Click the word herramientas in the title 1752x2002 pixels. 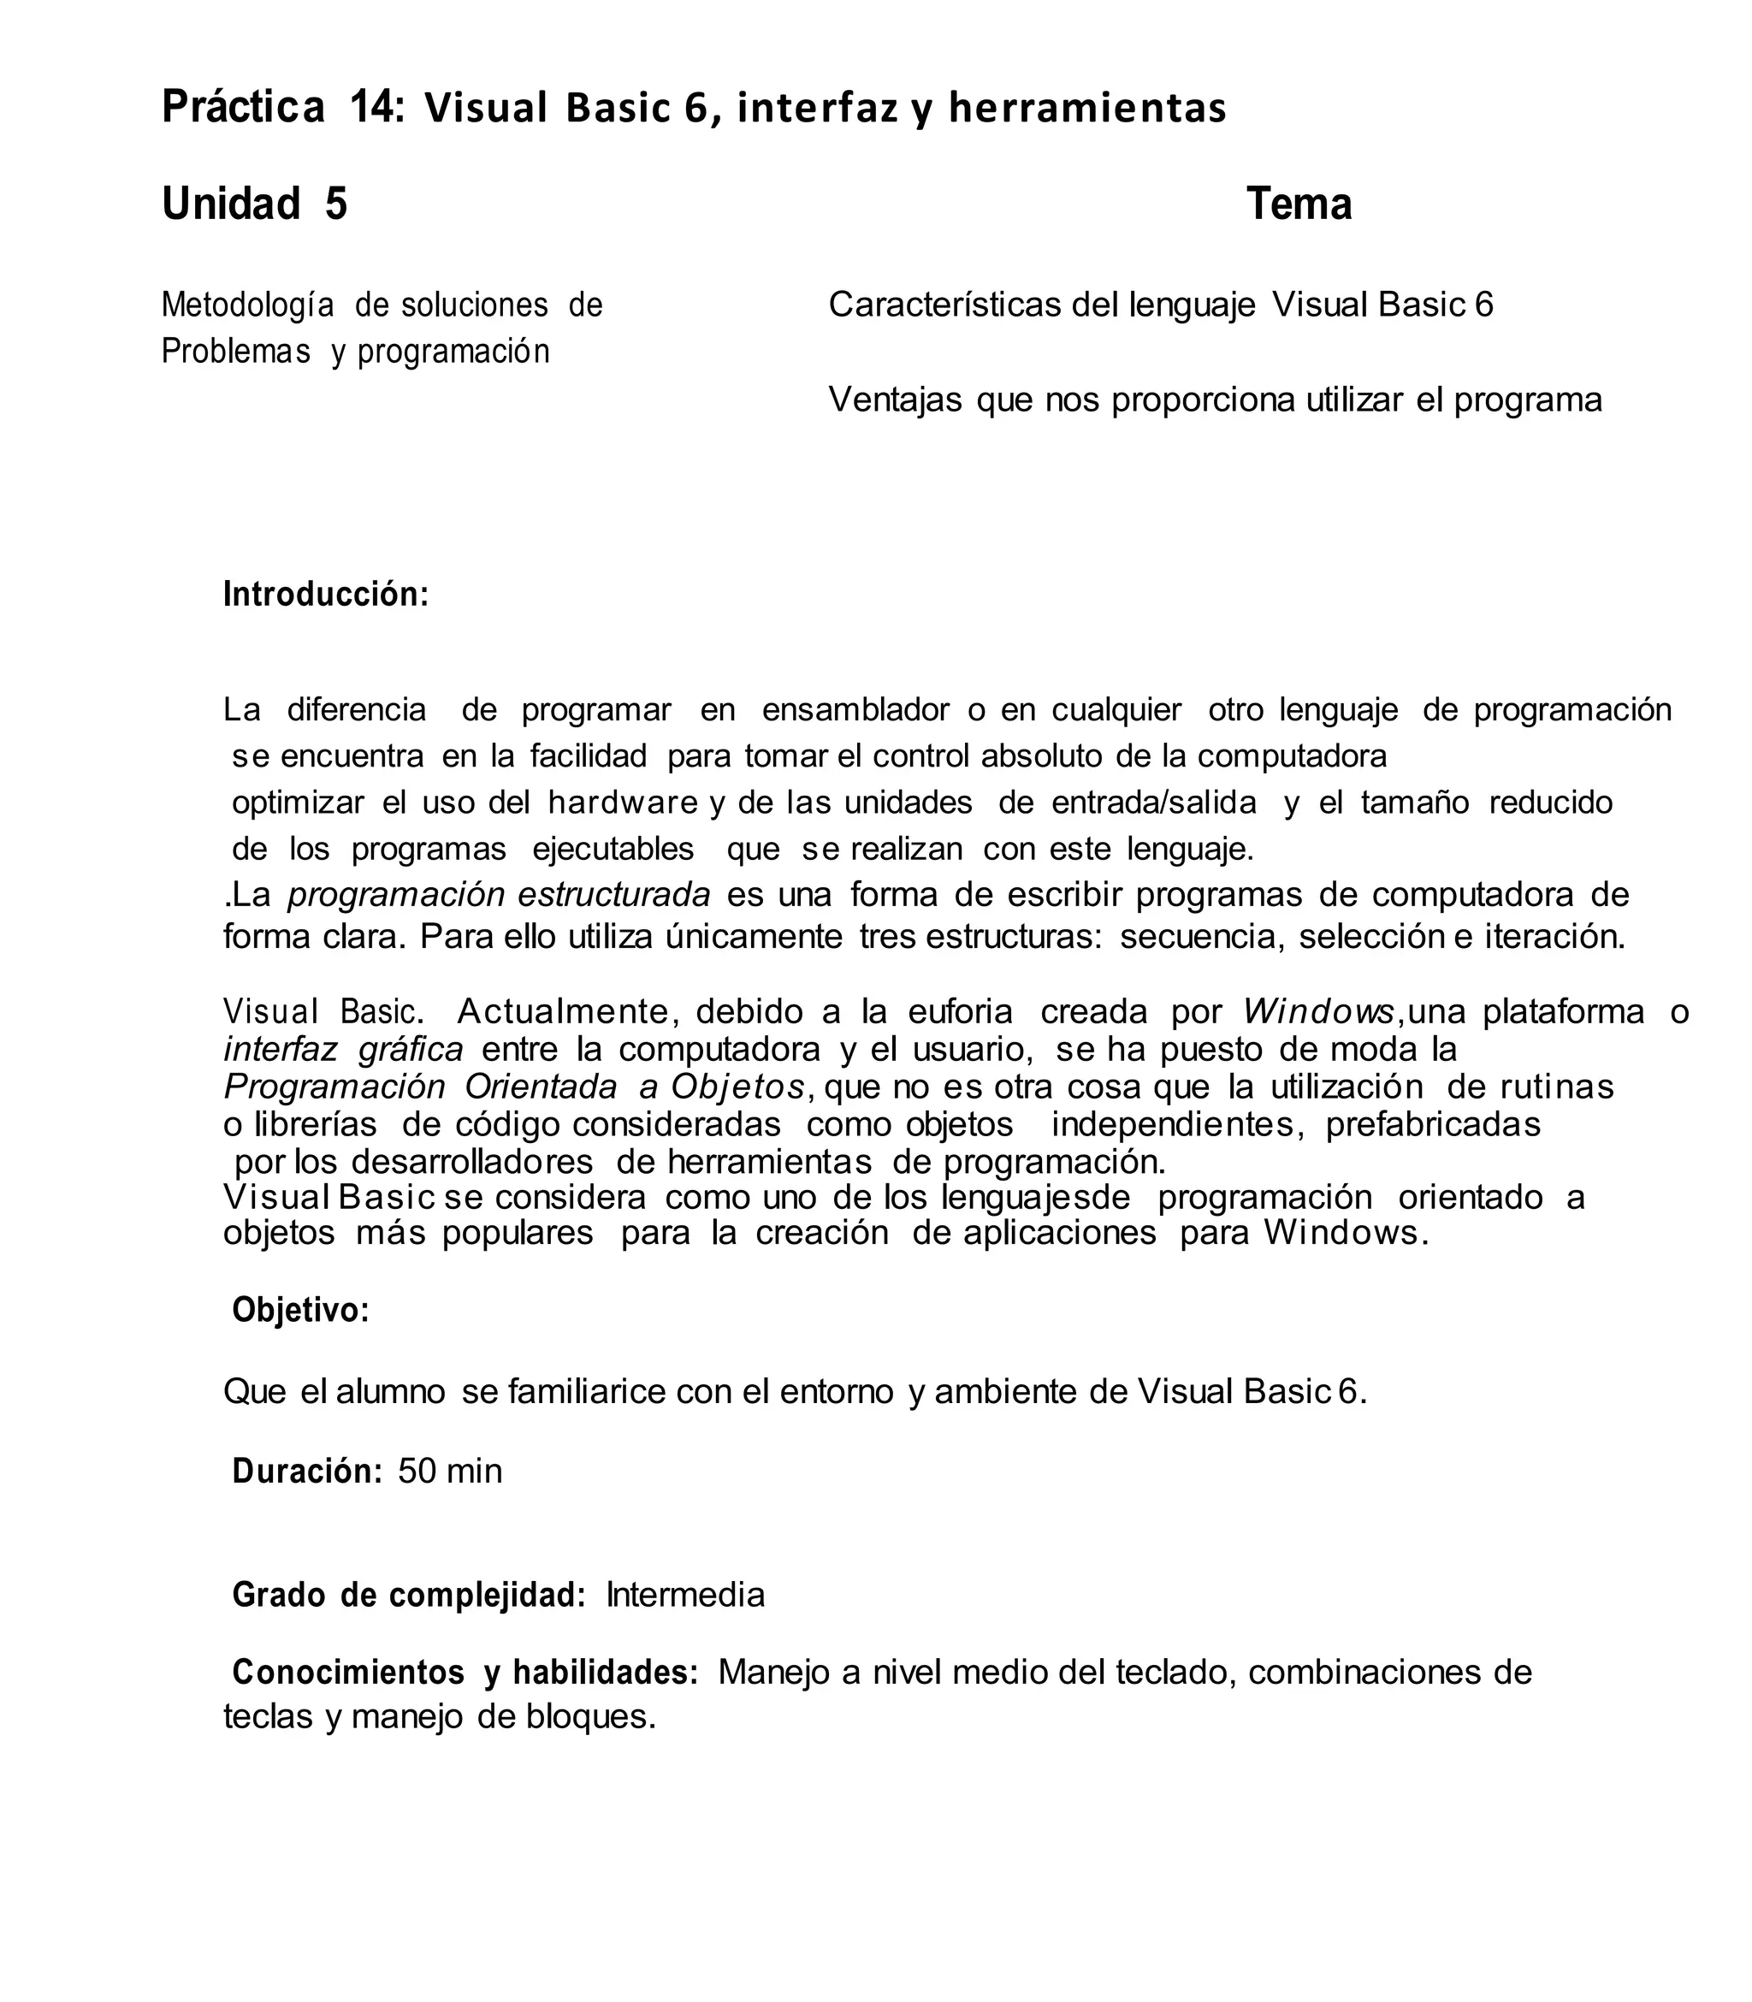click(1087, 109)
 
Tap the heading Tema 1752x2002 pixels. click(1299, 204)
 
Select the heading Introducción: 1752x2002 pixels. click(326, 595)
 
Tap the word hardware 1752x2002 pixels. click(623, 803)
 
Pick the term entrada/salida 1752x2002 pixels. click(1154, 803)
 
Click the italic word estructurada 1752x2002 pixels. click(614, 894)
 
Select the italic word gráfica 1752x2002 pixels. click(411, 1049)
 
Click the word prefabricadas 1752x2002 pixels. click(1432, 1124)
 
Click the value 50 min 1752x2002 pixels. click(450, 1472)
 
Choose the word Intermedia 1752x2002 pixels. click(685, 1596)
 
